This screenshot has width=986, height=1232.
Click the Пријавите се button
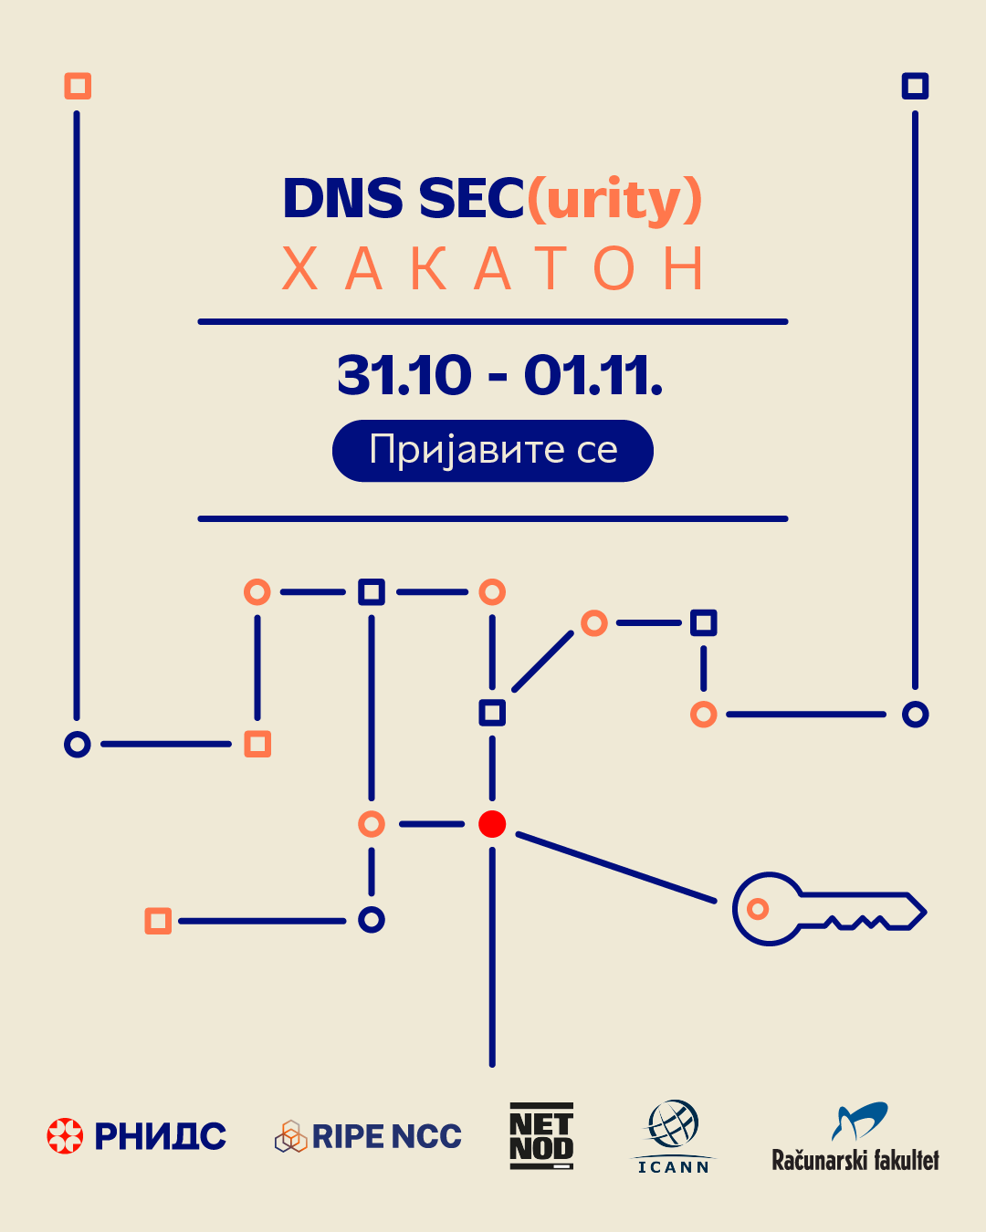pyautogui.click(x=493, y=451)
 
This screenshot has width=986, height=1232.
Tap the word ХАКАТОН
pyautogui.click(x=494, y=268)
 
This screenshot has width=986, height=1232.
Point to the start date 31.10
pyautogui.click(x=404, y=375)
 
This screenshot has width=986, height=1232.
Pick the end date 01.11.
pyautogui.click(x=593, y=375)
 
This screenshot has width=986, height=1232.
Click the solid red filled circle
pyautogui.click(x=492, y=824)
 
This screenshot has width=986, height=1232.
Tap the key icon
pyautogui.click(x=829, y=909)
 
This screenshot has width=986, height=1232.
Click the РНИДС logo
pyautogui.click(x=136, y=1136)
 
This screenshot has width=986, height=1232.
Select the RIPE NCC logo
pyautogui.click(x=368, y=1136)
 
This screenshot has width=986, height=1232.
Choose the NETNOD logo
pyautogui.click(x=541, y=1136)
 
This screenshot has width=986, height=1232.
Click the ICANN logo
pyautogui.click(x=673, y=1136)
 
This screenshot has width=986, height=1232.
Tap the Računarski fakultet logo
pyautogui.click(x=855, y=1137)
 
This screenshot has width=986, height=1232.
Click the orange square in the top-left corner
pyautogui.click(x=78, y=86)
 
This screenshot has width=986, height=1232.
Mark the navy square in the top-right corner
pyautogui.click(x=915, y=86)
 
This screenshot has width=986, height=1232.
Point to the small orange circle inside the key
pyautogui.click(x=758, y=909)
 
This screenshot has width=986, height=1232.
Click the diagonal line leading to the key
pyautogui.click(x=616, y=868)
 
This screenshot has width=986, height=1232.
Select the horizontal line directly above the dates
pyautogui.click(x=493, y=322)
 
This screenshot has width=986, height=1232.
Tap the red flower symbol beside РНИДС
pyautogui.click(x=65, y=1136)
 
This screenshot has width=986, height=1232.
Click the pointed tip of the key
pyautogui.click(x=925, y=912)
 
